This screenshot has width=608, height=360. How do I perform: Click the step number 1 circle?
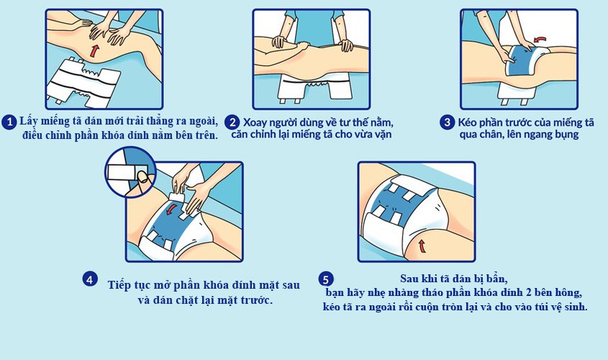[x=9, y=122]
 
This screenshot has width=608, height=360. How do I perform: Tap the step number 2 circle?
[x=232, y=122]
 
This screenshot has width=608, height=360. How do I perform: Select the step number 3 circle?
[x=447, y=122]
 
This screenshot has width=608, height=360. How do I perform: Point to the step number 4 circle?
[x=89, y=279]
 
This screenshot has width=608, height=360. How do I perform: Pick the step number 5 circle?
[x=326, y=279]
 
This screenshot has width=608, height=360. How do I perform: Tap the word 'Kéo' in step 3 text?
[x=468, y=122]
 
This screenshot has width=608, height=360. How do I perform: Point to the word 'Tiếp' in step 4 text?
[x=120, y=284]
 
